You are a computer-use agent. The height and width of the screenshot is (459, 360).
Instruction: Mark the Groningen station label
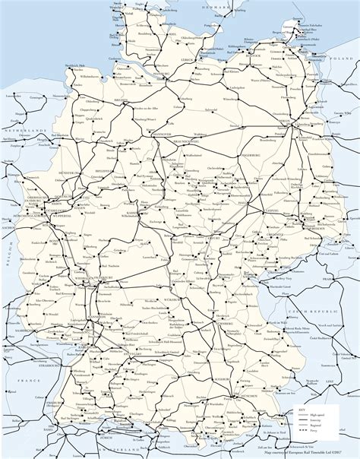click(36, 98)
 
